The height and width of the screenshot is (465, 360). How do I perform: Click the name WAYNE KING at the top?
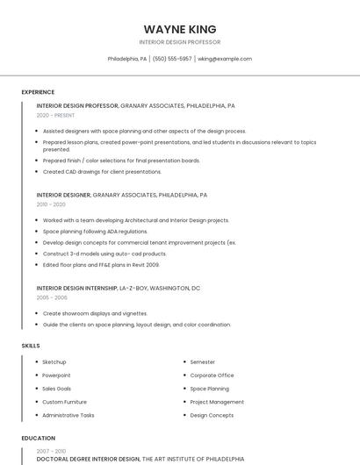point(180,28)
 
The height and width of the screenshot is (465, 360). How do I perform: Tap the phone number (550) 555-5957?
point(172,59)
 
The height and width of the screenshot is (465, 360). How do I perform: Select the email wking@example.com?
point(225,59)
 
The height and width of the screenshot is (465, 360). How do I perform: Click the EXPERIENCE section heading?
point(38,92)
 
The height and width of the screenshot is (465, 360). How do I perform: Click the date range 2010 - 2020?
point(51,204)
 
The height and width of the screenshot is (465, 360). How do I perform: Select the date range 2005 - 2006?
point(51,297)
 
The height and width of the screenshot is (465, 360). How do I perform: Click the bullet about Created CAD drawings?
point(102,172)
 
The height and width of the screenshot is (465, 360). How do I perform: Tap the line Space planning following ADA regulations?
point(98,231)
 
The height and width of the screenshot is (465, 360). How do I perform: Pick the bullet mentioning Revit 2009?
point(101,264)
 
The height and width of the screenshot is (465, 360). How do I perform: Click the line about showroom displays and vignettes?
point(95,313)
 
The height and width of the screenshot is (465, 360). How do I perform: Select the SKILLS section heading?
point(31,346)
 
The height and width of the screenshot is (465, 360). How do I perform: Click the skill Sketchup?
point(54,361)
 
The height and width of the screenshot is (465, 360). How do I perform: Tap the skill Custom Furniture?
point(65,402)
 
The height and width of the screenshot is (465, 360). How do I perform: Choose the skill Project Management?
point(217,402)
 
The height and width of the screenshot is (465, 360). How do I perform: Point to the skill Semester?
point(202,361)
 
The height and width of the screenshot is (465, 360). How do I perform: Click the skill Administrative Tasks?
point(68,415)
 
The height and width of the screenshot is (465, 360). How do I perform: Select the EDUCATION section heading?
point(38,438)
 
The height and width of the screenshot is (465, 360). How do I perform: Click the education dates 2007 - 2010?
point(51,451)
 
